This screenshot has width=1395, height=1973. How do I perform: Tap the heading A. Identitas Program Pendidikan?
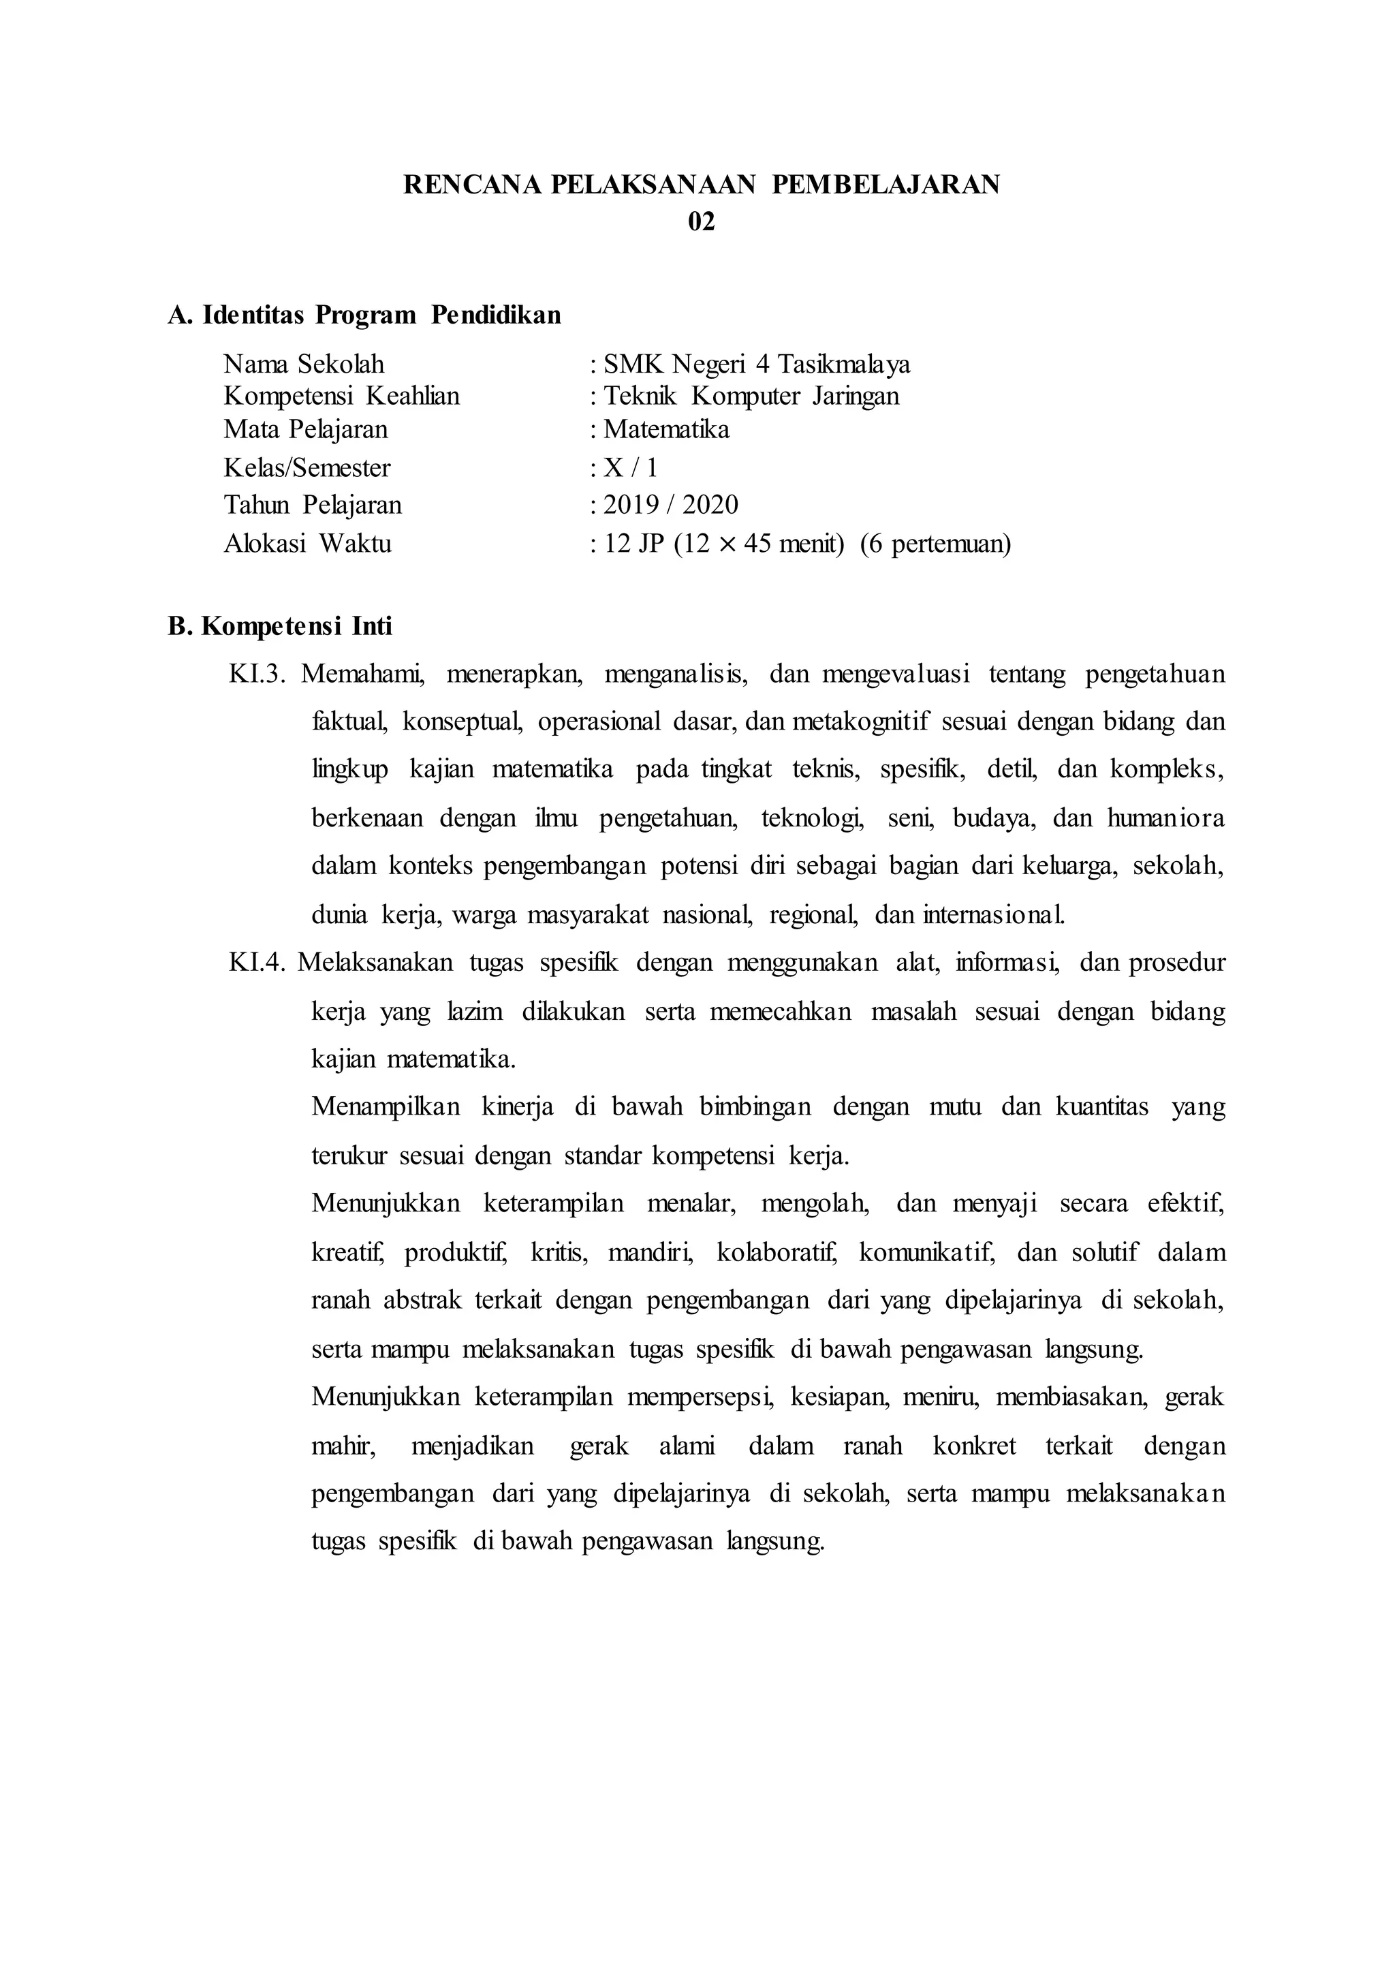pos(364,315)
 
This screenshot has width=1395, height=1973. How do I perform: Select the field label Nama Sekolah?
pos(304,364)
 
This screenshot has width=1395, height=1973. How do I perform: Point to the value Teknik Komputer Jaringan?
pos(751,396)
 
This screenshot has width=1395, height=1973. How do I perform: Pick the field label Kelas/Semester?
pos(307,467)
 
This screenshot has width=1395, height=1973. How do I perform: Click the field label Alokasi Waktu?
pos(307,543)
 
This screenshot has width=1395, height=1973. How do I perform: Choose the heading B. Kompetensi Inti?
pos(280,627)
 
